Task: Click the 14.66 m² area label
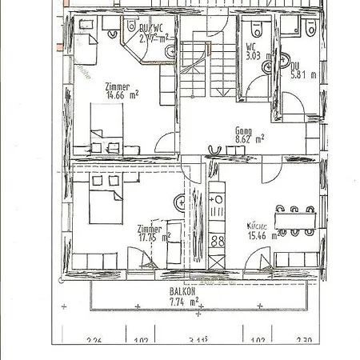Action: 122,94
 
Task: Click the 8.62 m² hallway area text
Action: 250,138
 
